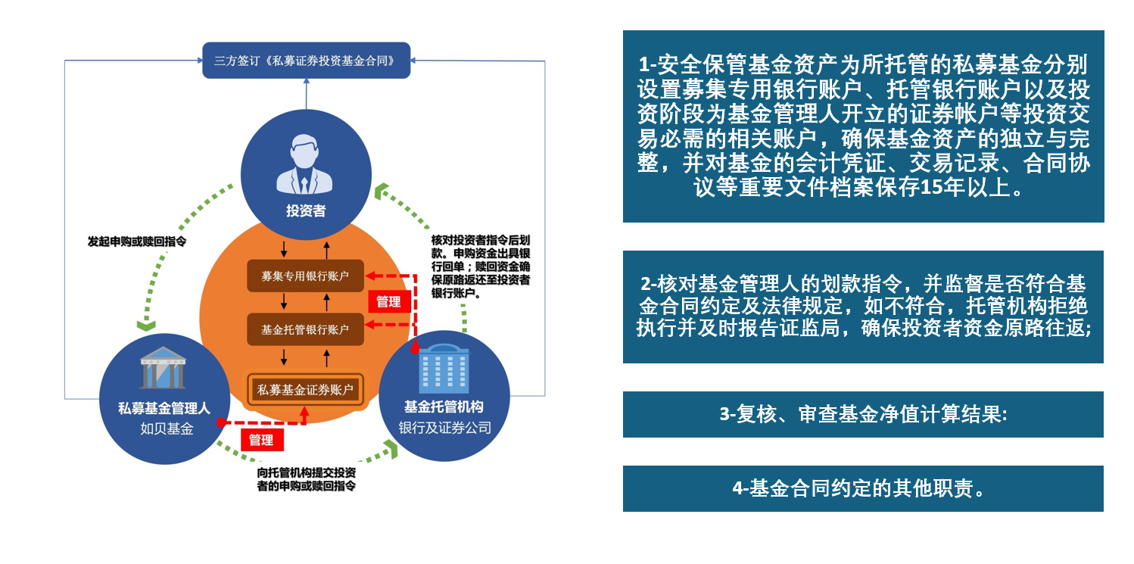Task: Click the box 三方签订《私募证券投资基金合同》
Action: (x=306, y=60)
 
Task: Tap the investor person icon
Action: (x=305, y=165)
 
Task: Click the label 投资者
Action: (x=306, y=210)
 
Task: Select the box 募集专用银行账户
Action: (x=305, y=276)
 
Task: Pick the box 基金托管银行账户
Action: (x=305, y=329)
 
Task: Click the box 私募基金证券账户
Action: (x=305, y=390)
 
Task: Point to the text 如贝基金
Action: (x=167, y=428)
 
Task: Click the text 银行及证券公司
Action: (x=444, y=428)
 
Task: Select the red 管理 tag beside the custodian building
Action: (x=388, y=302)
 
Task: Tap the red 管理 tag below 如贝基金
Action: (x=261, y=440)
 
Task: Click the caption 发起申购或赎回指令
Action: (x=137, y=241)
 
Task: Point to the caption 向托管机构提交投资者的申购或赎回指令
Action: (x=306, y=479)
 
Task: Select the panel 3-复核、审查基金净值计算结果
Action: (x=863, y=414)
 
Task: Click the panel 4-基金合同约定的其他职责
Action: (x=863, y=488)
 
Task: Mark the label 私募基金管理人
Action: (x=164, y=409)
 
